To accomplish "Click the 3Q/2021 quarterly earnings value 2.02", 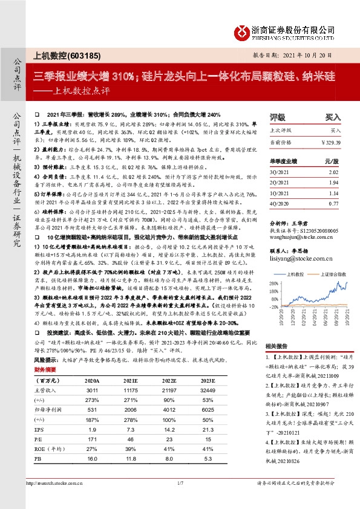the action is [x=333, y=172].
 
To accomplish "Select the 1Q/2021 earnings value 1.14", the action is [x=333, y=193].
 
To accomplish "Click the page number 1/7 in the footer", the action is [x=180, y=499].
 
